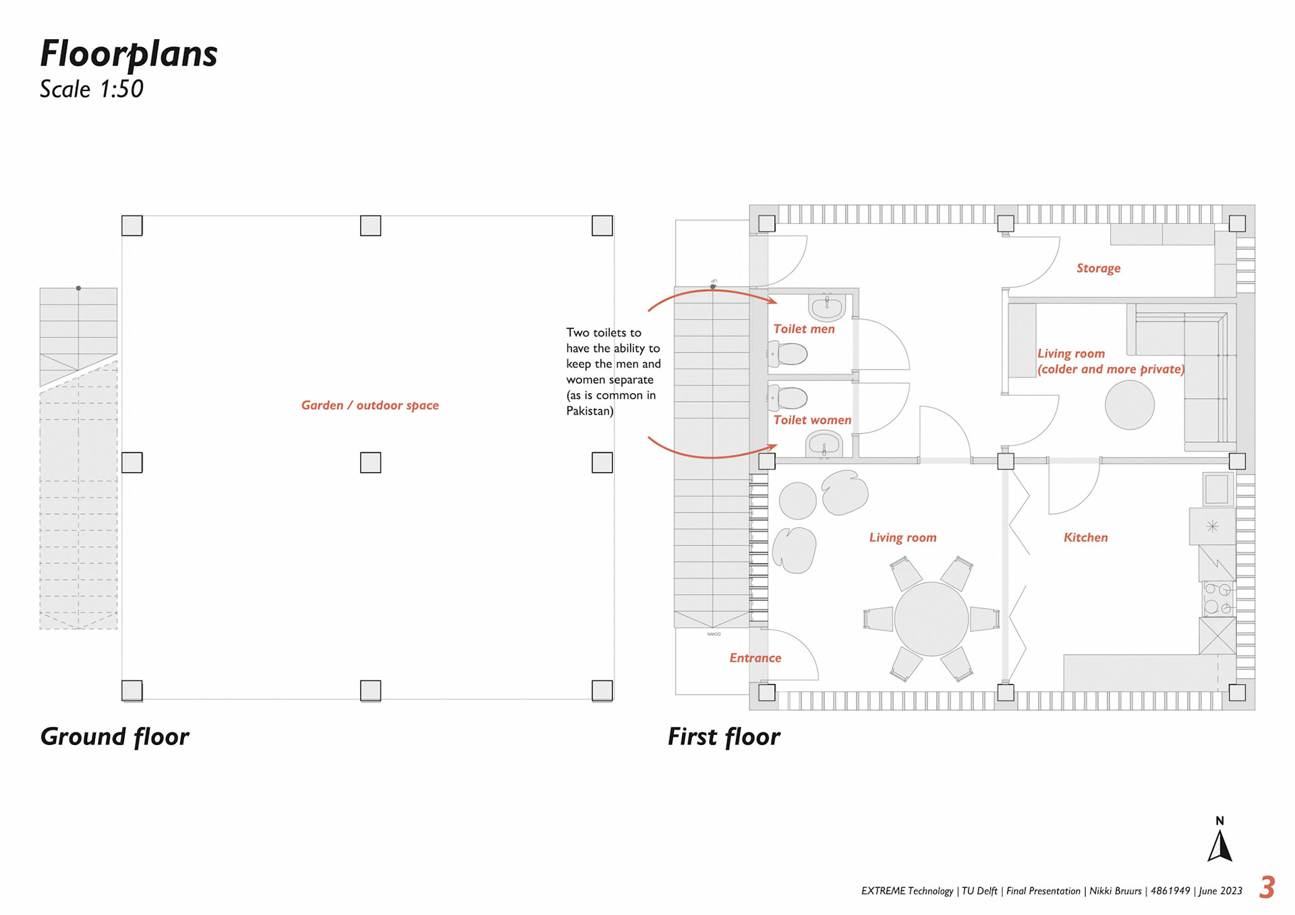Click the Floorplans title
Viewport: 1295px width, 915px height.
[129, 54]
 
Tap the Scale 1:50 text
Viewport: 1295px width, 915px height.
[92, 89]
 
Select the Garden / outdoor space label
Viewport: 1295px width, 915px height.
[370, 405]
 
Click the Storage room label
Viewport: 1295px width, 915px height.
[1098, 268]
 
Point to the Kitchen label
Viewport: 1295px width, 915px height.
[1085, 537]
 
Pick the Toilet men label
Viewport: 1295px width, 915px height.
[804, 329]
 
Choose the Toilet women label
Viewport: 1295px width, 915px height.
[812, 420]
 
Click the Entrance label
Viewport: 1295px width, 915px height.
[755, 658]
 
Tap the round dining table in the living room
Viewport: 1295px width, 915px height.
[931, 618]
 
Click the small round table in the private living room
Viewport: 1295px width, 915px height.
[1129, 405]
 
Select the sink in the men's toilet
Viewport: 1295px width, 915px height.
[827, 307]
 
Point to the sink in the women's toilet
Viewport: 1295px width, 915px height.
[824, 445]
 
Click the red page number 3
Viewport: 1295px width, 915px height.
[1267, 887]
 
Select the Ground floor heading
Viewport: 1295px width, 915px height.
[115, 737]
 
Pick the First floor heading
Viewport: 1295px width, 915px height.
[724, 737]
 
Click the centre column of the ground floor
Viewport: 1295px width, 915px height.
[370, 463]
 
